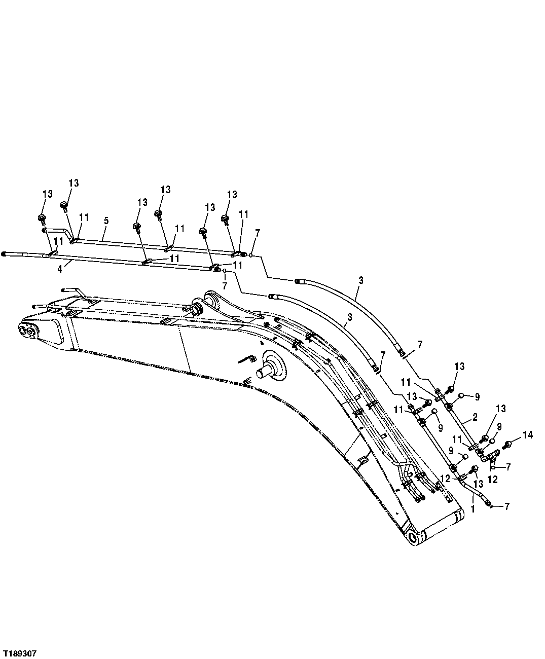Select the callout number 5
[x=106, y=221]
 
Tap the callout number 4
[x=60, y=269]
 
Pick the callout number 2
[x=475, y=417]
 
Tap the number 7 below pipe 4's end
[x=225, y=286]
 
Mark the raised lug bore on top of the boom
[x=196, y=308]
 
